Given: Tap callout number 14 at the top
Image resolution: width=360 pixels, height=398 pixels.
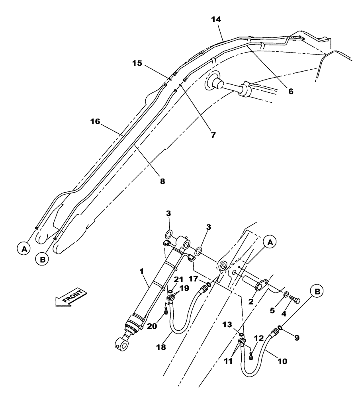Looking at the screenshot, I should [x=217, y=19].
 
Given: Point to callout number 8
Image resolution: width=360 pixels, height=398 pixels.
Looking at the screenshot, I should [x=162, y=181].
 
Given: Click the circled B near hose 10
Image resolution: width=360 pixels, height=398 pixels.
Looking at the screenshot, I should [x=317, y=292].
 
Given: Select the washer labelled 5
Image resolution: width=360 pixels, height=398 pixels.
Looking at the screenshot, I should [x=286, y=295].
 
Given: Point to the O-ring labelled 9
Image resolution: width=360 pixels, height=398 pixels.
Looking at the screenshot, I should [x=281, y=328].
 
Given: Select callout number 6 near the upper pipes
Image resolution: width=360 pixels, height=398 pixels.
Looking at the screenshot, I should [x=291, y=91].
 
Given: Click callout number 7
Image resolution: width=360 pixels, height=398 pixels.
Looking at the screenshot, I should [x=213, y=135].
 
